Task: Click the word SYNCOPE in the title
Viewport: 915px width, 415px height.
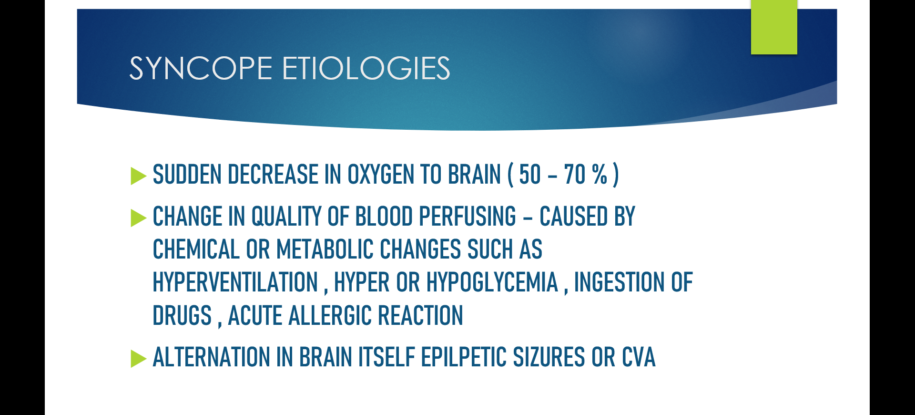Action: click(x=201, y=68)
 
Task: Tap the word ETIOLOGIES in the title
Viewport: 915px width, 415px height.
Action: click(x=366, y=68)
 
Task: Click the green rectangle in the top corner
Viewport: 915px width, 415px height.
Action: click(x=774, y=27)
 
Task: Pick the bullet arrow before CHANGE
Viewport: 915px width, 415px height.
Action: click(x=138, y=218)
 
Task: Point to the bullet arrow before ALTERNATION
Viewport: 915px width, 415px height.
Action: click(x=138, y=359)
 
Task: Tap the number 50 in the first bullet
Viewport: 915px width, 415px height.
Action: click(x=530, y=175)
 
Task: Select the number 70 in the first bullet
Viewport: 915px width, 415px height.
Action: click(x=575, y=175)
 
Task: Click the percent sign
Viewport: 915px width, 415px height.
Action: click(x=600, y=175)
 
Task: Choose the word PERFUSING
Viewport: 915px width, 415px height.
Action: click(x=468, y=217)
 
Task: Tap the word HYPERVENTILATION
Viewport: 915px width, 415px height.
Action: click(x=235, y=282)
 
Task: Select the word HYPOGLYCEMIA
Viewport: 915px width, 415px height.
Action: click(x=492, y=282)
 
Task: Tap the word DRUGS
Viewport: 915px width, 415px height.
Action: click(x=182, y=316)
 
